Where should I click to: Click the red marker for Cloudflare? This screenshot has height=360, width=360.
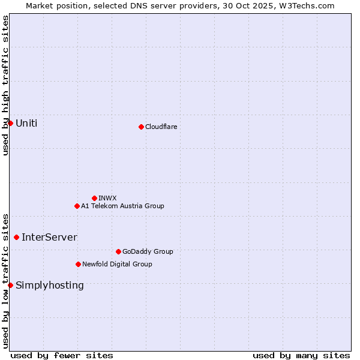coord(141,127)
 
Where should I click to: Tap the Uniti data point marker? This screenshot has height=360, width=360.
coord(10,123)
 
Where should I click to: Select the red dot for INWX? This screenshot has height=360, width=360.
coord(94,198)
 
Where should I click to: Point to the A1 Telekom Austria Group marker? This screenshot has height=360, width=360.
coord(77,206)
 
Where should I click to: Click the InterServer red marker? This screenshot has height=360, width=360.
coord(16,237)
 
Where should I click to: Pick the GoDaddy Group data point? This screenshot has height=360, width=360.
coord(118,251)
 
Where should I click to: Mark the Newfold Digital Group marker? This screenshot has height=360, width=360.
coord(78,264)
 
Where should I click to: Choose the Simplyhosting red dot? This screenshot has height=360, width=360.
coord(10,285)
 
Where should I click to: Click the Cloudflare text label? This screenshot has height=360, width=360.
coord(161,127)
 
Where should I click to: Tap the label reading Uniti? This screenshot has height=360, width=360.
coord(26,123)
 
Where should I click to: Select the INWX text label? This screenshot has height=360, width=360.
coord(107,198)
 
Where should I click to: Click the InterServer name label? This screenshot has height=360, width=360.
coord(49,237)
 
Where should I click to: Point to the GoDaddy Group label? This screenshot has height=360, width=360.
coord(148,251)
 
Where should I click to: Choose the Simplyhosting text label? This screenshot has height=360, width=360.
coord(50,285)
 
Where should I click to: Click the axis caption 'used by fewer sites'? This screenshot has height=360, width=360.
coord(62,355)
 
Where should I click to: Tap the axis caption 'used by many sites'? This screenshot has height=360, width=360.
coord(301,355)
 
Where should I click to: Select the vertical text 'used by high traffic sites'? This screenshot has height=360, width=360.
coord(5,85)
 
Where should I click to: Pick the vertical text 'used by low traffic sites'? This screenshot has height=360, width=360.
coord(5,280)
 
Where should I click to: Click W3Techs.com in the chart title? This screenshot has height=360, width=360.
coord(308,5)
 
